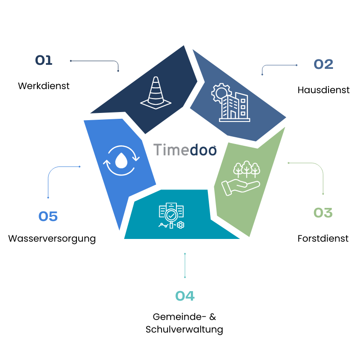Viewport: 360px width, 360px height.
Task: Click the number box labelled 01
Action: [44, 61]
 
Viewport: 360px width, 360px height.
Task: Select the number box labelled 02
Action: [324, 65]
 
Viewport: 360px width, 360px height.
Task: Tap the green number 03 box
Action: [323, 213]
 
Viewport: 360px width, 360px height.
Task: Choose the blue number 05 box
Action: [48, 217]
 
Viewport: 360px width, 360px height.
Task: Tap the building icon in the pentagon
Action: [234, 107]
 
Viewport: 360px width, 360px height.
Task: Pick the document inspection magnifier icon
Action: [171, 216]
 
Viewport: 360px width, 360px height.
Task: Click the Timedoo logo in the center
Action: [185, 150]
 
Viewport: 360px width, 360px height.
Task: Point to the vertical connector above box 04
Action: [184, 265]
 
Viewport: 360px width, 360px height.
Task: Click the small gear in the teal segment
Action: [180, 225]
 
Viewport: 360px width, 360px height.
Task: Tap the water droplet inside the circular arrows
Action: [121, 161]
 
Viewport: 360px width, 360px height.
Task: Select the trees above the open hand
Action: [247, 169]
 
